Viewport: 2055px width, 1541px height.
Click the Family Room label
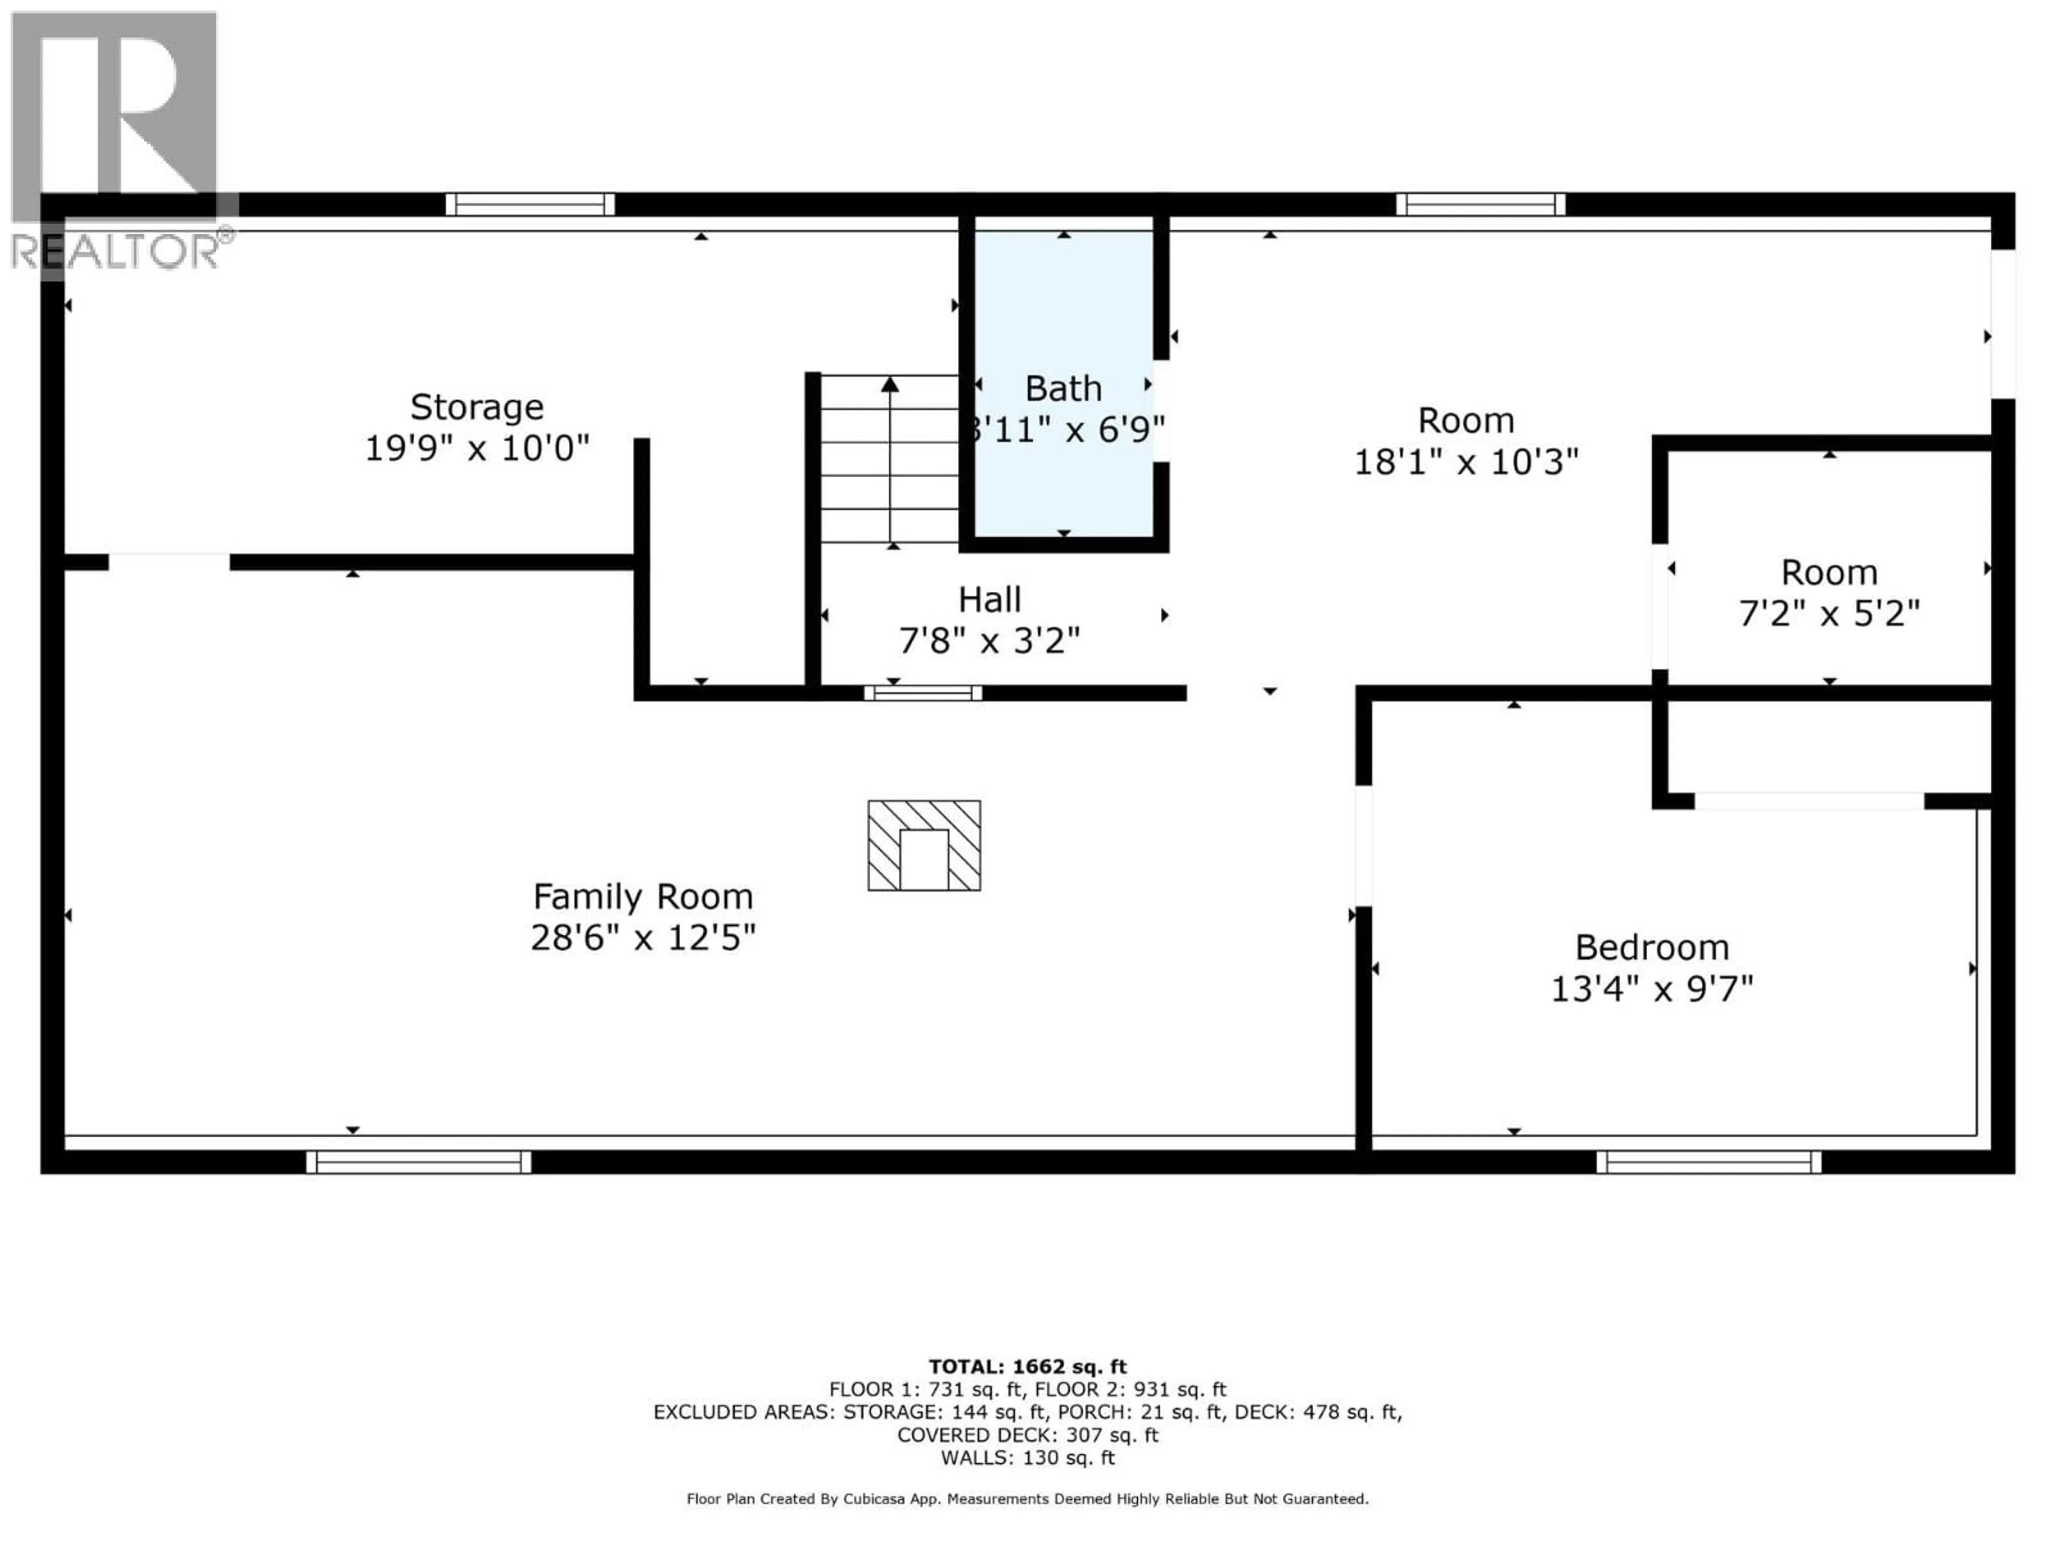tap(642, 896)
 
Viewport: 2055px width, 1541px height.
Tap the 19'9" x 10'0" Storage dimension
tap(477, 448)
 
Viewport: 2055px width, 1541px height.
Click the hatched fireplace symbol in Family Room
tap(924, 845)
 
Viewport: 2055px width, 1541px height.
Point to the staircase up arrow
tap(890, 385)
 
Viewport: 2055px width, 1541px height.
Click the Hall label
tap(990, 600)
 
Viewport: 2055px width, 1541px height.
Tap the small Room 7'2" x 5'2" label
tap(1828, 572)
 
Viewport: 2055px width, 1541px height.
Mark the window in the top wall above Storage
tap(530, 204)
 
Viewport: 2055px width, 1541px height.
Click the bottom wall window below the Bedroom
tap(1708, 1162)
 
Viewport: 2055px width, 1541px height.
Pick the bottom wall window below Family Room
tap(418, 1162)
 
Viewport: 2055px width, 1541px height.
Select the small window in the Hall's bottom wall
tap(923, 693)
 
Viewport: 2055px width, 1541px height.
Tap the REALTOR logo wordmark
tap(116, 251)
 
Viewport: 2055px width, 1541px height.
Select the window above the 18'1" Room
tap(1480, 204)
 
